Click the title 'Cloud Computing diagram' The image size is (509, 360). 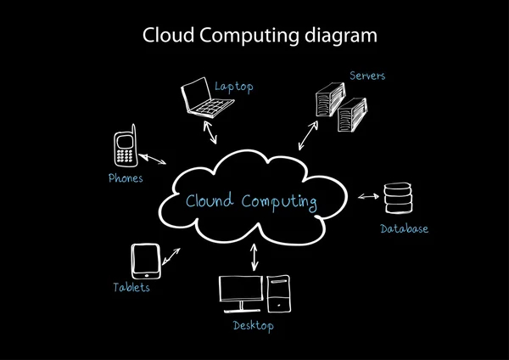(255, 37)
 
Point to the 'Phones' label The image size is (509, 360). (125, 178)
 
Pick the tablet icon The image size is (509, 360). (145, 261)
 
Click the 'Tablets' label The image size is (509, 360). (131, 288)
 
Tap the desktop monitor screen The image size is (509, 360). (241, 289)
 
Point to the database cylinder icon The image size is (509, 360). (396, 198)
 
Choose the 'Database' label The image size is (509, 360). (404, 229)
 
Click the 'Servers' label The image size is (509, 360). (367, 76)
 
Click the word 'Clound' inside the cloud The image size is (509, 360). (210, 202)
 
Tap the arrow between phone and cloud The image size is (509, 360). (153, 159)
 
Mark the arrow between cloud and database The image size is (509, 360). (367, 197)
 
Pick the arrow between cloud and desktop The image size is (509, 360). (253, 257)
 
